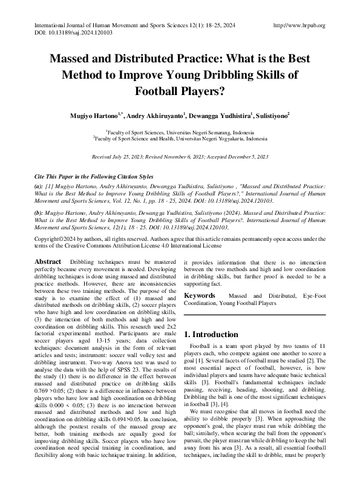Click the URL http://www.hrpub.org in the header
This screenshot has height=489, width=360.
(x=299, y=25)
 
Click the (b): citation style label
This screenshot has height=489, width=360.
(x=39, y=212)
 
